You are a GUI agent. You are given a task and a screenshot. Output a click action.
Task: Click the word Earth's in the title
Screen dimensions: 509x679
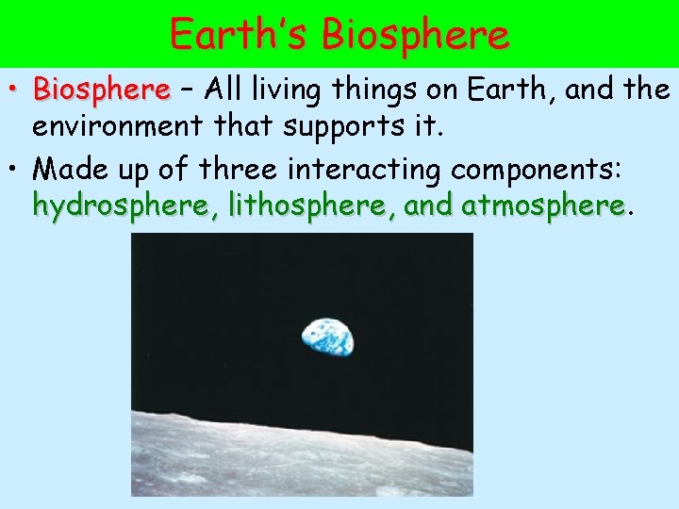pyautogui.click(x=240, y=35)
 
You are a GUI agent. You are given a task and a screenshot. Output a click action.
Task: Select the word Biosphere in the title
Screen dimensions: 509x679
pyautogui.click(x=415, y=35)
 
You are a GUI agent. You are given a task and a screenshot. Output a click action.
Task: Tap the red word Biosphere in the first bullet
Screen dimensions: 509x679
pyautogui.click(x=101, y=90)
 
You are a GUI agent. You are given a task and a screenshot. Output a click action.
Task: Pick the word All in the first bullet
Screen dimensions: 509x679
pyautogui.click(x=226, y=90)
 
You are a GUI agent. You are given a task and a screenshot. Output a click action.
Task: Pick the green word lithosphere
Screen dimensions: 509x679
pyautogui.click(x=296, y=205)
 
